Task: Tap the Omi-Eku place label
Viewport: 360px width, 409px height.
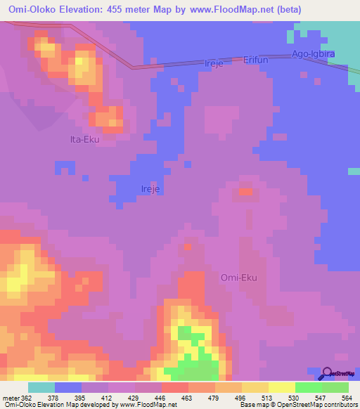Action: pos(239,278)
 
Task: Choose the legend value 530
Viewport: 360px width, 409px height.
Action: pos(294,398)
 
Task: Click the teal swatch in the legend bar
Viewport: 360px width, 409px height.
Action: pos(41,387)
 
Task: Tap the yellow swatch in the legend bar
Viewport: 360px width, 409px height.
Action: pos(282,387)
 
